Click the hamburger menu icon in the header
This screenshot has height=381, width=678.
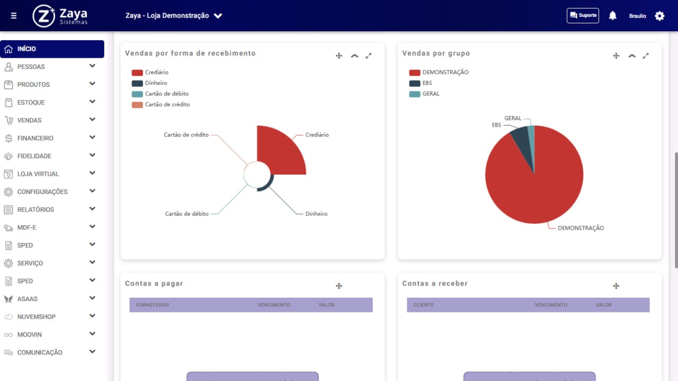coord(14,15)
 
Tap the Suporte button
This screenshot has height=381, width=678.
coord(583,15)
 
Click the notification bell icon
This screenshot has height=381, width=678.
coord(613,15)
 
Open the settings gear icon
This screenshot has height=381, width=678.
coord(659,16)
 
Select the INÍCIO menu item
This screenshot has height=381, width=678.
coord(52,49)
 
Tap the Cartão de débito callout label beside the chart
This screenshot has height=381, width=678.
coord(187,214)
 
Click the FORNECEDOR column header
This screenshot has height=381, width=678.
coord(153,305)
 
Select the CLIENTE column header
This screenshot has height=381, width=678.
coord(423,305)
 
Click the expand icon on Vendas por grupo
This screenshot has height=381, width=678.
coord(646,56)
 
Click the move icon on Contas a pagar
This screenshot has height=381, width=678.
coord(339,286)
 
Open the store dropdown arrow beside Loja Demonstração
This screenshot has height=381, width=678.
coord(218,16)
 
